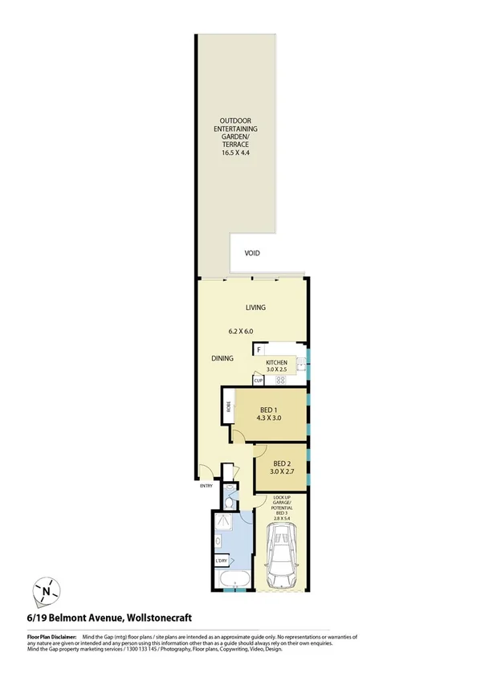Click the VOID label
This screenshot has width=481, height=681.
pos(254,252)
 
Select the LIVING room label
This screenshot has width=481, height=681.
pos(255,308)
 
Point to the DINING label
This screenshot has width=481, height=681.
pos(222,359)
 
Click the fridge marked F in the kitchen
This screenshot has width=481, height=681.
pos(259,349)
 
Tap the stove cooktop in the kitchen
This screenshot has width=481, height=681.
pos(282,380)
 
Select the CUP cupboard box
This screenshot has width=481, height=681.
pos(259,380)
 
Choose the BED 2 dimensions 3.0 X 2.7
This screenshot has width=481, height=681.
pos(281,474)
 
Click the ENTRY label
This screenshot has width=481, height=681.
pos(206,486)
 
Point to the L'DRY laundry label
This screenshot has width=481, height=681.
pos(222,561)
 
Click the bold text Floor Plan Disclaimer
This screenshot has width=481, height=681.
pos(54,636)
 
